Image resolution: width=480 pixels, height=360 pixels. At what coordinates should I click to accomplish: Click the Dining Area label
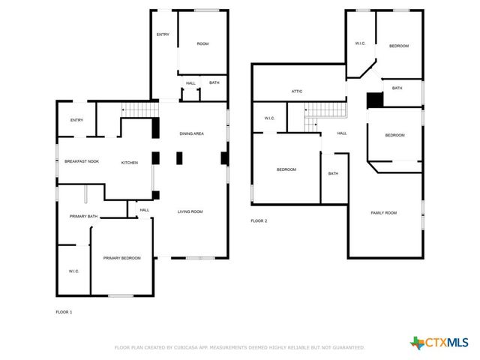[x=191, y=133]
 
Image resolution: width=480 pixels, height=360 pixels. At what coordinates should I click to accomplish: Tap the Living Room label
[x=190, y=211]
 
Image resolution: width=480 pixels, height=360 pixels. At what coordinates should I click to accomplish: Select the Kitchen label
[x=130, y=162]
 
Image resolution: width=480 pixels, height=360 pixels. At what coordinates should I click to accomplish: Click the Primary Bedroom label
[x=122, y=258]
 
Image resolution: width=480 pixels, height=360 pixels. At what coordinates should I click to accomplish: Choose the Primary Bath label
[x=84, y=217]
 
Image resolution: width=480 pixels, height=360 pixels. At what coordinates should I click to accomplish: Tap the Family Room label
[x=384, y=213]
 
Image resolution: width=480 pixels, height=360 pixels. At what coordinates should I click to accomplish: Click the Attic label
[x=297, y=91]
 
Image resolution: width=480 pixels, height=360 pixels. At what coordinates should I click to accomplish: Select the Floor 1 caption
[x=64, y=311]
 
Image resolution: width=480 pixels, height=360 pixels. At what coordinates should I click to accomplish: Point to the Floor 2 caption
[x=259, y=220]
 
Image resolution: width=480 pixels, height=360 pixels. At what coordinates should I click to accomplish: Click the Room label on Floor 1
[x=202, y=44]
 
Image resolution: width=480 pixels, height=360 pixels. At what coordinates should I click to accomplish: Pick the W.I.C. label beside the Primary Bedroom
[x=74, y=271]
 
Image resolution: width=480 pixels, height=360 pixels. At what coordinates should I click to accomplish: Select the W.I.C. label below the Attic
[x=270, y=118]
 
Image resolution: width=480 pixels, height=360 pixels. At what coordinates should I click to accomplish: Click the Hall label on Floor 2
[x=342, y=133]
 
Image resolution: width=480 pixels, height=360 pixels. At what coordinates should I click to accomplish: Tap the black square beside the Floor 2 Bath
[x=373, y=100]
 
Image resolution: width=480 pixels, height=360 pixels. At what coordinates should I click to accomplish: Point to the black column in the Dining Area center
[x=178, y=158]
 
